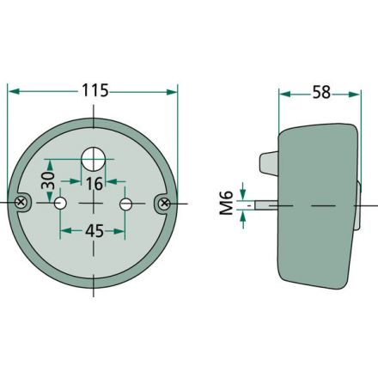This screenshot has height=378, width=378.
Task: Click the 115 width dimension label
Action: (x=92, y=89)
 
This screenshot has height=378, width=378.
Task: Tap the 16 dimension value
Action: (x=94, y=182)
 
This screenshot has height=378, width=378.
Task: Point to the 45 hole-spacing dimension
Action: (x=93, y=231)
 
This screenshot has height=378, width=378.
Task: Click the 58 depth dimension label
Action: (x=320, y=92)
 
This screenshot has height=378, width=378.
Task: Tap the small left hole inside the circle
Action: (x=60, y=204)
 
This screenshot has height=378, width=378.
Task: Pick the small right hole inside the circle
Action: (x=126, y=204)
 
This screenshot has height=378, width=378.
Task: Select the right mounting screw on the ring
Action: (x=162, y=203)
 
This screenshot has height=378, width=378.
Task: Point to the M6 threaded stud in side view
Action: (x=268, y=205)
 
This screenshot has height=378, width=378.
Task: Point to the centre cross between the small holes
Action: (x=93, y=204)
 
